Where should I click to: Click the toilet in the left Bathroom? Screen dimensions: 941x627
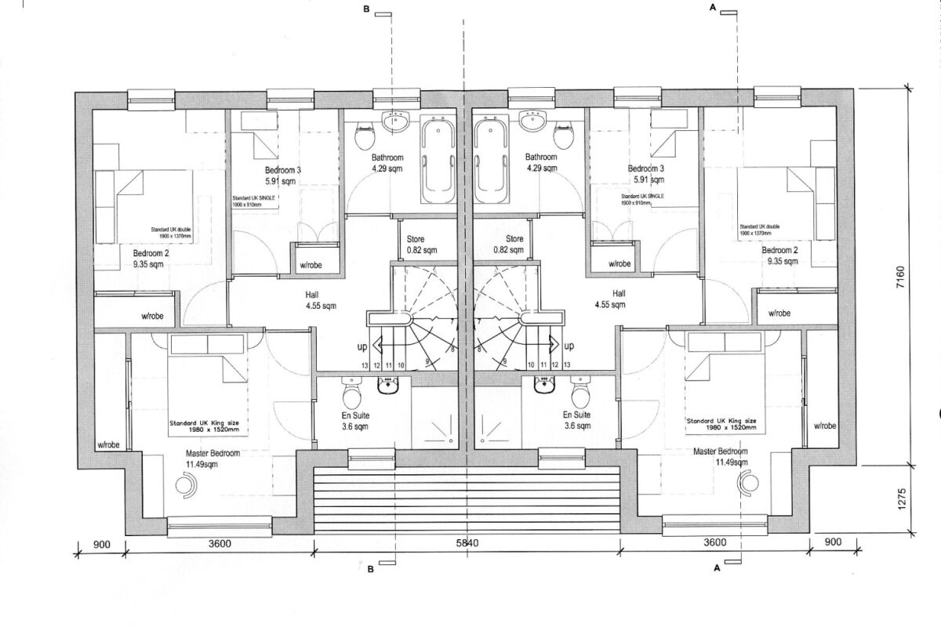(364, 139)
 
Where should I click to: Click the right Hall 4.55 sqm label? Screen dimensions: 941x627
(610, 299)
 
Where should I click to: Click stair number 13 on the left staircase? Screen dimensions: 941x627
(365, 365)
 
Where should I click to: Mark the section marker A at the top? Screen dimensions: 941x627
(714, 7)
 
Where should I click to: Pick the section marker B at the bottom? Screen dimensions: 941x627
(370, 570)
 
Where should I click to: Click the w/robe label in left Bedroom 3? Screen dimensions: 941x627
(317, 264)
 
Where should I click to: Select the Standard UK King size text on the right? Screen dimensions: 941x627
(721, 424)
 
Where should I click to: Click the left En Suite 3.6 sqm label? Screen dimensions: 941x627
(355, 421)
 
